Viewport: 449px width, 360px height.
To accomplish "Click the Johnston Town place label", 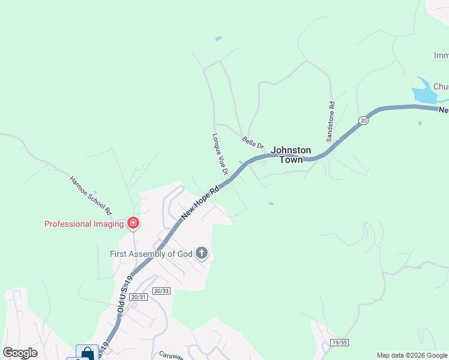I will click(291, 155).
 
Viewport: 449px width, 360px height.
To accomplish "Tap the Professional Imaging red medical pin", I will click(133, 224).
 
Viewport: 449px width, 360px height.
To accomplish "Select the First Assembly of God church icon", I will click(202, 254).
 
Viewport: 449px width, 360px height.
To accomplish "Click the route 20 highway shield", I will click(363, 121).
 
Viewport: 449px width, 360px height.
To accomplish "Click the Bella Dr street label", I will click(253, 142).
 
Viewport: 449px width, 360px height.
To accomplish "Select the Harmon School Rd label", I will click(91, 195).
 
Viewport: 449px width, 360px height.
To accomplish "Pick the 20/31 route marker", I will click(137, 297).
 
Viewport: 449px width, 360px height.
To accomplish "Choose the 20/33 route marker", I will click(161, 291).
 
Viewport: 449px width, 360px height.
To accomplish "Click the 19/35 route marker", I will click(339, 343).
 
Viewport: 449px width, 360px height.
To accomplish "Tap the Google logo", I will click(20, 353).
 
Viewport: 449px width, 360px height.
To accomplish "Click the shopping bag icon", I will click(87, 353).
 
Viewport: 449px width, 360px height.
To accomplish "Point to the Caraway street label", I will click(170, 355).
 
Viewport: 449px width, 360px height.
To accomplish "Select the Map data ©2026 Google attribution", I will click(412, 355).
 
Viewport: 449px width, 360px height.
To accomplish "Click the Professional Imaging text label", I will click(84, 224).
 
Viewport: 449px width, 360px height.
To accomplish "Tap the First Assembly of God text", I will click(151, 254).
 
